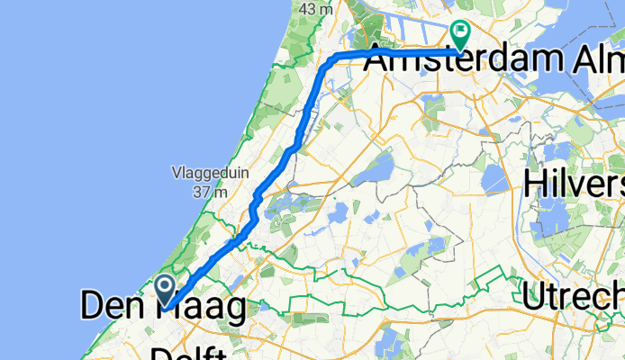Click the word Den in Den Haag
(x=112, y=308)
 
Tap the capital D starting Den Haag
(x=93, y=308)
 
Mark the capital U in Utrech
(x=539, y=294)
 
